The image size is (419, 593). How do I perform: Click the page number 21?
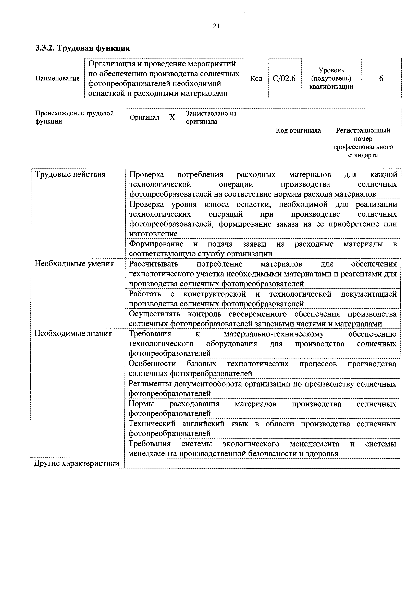coord(216,26)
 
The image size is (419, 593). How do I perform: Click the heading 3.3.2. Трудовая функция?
coord(83,48)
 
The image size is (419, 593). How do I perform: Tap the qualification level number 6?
coord(381,78)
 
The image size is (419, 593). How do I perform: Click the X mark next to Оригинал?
coord(172,117)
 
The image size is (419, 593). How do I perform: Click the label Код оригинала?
coord(298,130)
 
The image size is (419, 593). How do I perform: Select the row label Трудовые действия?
coord(70,175)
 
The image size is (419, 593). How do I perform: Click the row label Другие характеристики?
coord(77,463)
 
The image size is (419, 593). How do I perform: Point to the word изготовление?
coord(153,234)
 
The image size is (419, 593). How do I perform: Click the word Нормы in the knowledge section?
coord(141,404)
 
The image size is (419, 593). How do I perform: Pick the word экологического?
coord(251,444)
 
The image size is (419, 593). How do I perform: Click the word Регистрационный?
coord(363,130)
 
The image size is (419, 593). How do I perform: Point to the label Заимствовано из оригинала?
coord(211,117)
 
